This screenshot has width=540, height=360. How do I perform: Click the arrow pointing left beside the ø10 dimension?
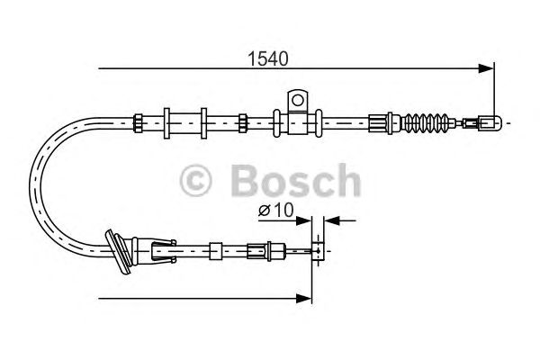(x=330, y=220)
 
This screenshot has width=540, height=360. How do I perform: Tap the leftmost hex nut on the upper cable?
(x=137, y=119)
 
